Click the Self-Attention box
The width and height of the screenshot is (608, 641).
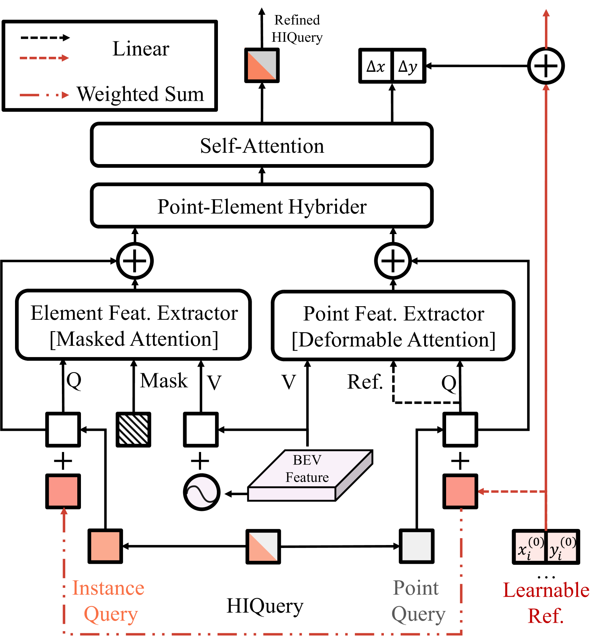coord(262,145)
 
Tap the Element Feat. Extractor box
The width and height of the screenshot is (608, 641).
coord(133,325)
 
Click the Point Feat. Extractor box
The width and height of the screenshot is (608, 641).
coord(393,325)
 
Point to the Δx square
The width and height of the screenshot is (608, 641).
coord(376,66)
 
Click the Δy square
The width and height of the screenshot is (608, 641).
coord(408,66)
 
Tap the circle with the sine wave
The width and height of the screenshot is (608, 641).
coord(202,492)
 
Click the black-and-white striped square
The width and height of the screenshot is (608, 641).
coord(133,429)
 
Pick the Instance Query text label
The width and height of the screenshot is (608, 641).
coord(108,601)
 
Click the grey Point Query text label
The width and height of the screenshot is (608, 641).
coord(418,601)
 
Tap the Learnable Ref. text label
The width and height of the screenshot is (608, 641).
coord(546,603)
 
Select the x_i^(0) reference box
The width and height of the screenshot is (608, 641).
coord(530,546)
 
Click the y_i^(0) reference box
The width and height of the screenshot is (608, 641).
coord(562,546)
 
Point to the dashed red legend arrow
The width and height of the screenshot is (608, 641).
coord(44,58)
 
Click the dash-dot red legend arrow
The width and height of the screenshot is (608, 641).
coord(44,95)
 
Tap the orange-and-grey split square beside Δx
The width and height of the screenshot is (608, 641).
coord(262,66)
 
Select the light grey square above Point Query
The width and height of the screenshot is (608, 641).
coord(416,546)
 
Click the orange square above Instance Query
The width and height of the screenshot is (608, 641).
coord(105,546)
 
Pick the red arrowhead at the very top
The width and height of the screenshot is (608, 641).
coord(546,13)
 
